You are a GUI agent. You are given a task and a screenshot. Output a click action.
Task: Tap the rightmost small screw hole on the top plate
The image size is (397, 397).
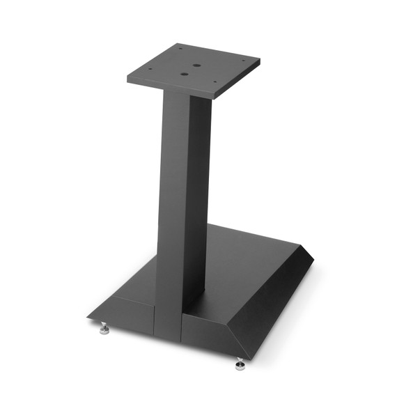[244, 61]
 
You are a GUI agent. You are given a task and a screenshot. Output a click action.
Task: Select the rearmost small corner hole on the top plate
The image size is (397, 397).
[180, 48]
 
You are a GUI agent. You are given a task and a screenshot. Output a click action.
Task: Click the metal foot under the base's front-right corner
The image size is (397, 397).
[240, 364]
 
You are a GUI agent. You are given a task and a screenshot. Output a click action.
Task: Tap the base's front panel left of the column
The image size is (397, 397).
[132, 313]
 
